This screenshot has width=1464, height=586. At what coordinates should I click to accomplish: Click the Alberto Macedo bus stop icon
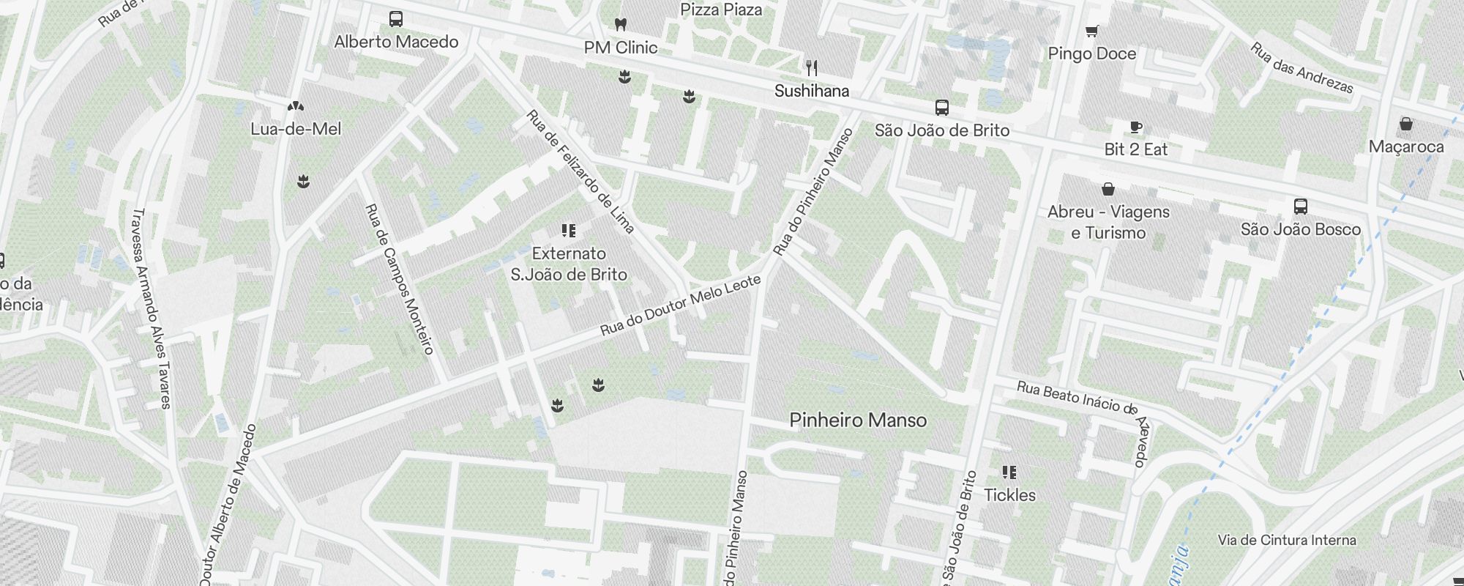pos(396,19)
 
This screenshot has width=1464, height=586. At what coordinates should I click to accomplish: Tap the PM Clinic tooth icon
pos(620,24)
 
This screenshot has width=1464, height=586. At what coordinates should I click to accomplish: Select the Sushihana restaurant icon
pos(811,68)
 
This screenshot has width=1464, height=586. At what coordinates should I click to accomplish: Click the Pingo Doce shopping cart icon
pos(1091,31)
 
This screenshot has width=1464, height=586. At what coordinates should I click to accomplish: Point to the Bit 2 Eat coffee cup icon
pos(1135,127)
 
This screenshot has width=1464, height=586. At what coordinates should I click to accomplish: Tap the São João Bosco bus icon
pos(1300,207)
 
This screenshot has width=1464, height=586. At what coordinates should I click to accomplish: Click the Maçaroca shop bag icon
pos(1405,124)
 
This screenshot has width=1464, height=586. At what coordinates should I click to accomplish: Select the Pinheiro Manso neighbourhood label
pos(858,420)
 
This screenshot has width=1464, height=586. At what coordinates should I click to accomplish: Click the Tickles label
pos(1009,495)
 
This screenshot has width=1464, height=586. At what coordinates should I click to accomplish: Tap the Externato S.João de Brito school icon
pos(568,231)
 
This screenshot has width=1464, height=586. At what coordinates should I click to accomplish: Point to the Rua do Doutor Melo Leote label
pos(681,305)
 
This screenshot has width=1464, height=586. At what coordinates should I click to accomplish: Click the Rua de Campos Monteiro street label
pos(400,278)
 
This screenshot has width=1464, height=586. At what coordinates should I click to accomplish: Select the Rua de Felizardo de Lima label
pos(580,172)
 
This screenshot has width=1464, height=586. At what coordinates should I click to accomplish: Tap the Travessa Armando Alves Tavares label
pos(151,308)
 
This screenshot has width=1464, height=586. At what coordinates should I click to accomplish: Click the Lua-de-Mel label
pos(296,129)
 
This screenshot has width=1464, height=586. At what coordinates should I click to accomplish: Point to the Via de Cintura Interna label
pos(1287,541)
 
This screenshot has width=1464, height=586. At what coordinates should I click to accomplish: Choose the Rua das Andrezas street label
pos(1301,68)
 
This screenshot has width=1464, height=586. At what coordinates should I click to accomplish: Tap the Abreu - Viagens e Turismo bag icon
pos(1108,189)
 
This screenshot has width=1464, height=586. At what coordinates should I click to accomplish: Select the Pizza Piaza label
pos(721,10)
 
